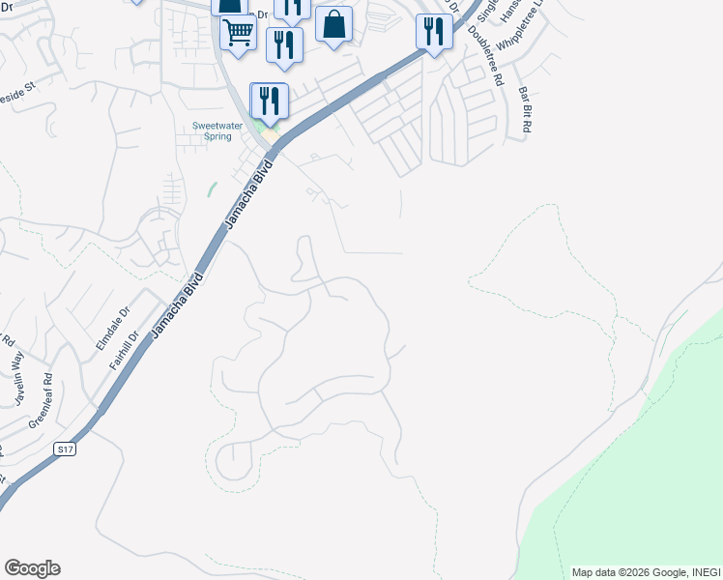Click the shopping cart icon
(238, 33)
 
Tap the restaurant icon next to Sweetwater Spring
(270, 100)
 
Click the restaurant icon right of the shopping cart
(284, 44)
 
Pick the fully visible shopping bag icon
(333, 24)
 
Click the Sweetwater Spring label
(213, 131)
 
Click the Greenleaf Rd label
(41, 401)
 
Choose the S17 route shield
(65, 449)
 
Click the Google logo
(32, 568)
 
